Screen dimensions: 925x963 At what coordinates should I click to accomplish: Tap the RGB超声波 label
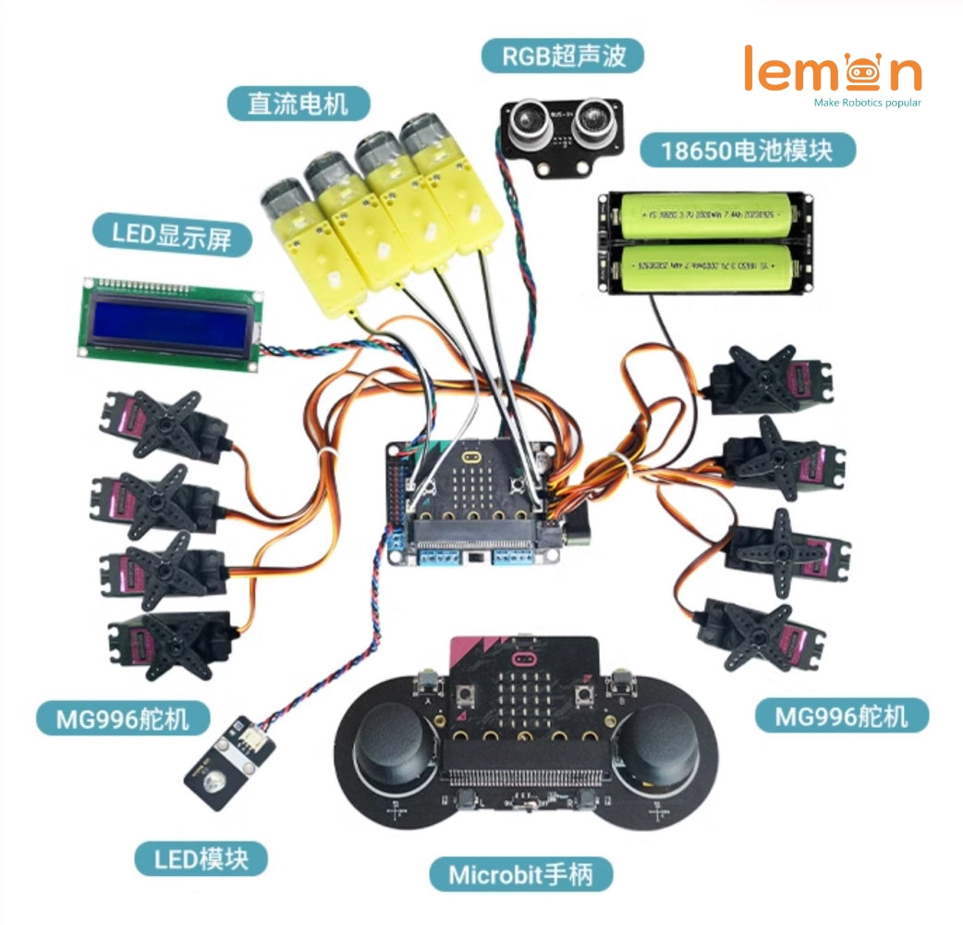click(562, 55)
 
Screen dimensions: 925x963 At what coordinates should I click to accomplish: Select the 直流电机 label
click(298, 103)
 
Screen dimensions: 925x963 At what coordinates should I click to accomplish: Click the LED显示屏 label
click(173, 236)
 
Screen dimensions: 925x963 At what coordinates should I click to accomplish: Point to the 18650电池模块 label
click(747, 149)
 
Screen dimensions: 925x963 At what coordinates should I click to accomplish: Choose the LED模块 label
click(201, 858)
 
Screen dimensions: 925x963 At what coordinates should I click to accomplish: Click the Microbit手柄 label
click(520, 873)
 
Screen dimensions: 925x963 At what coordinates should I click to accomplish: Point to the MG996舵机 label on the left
click(123, 717)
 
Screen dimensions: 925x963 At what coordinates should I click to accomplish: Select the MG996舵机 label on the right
click(841, 715)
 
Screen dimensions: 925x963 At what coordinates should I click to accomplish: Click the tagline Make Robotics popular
click(866, 103)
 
